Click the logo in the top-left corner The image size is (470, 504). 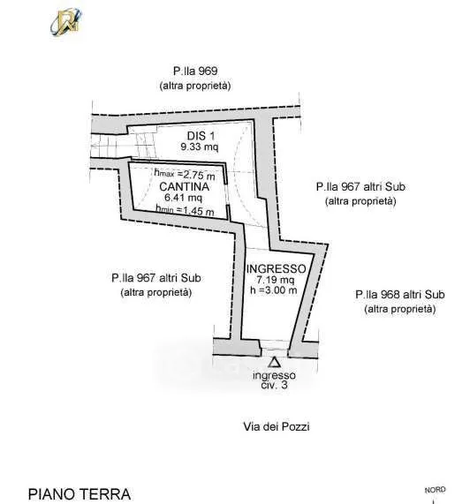point(66,21)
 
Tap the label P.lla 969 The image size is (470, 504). point(195,71)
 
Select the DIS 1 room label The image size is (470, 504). point(201,136)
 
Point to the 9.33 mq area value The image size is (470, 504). point(200,147)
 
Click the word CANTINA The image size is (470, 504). point(184,187)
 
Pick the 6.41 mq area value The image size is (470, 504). point(184,198)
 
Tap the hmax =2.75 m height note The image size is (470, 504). point(185,175)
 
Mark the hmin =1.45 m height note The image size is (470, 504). point(185,211)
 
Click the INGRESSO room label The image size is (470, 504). point(276,269)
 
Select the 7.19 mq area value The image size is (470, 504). point(276,280)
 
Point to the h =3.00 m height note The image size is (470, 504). point(274,290)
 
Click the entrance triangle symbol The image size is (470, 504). point(274,362)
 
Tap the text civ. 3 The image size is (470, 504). point(274,385)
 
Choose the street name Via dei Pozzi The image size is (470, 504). point(277,426)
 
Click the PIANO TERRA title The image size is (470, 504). point(80,494)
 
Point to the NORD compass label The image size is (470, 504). point(436,490)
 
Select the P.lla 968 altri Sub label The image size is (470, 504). point(400,295)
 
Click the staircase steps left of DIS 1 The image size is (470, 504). point(123,146)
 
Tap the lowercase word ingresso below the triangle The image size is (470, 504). point(274,375)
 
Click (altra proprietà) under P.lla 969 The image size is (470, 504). point(195,86)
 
